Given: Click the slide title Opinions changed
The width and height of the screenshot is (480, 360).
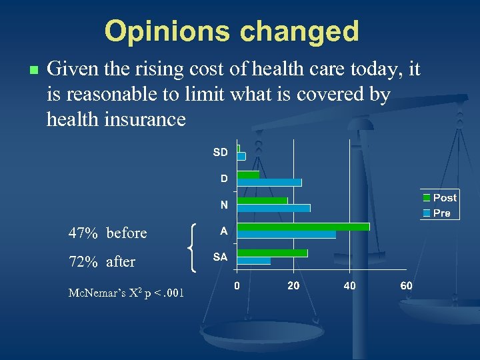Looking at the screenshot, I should (x=231, y=31).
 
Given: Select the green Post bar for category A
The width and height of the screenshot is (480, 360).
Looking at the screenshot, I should (x=303, y=227).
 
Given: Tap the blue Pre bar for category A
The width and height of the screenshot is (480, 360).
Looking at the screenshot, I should (x=287, y=235).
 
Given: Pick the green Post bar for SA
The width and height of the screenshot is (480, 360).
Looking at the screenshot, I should (x=273, y=253).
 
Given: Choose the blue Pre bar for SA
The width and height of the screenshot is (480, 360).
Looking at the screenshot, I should (x=254, y=261).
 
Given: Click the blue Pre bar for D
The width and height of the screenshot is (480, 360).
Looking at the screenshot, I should (x=269, y=183).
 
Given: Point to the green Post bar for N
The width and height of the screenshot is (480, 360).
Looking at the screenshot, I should (x=263, y=201).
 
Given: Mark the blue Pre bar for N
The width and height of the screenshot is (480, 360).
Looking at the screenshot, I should (x=274, y=208).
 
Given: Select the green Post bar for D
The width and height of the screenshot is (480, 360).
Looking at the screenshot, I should (x=249, y=175).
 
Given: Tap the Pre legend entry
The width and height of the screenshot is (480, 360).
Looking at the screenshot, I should (x=436, y=213).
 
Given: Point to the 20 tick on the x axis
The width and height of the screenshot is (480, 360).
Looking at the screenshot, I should (x=293, y=285).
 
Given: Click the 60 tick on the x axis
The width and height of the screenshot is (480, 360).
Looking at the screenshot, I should (x=406, y=285).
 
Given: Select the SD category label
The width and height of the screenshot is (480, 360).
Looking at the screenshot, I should (x=220, y=152).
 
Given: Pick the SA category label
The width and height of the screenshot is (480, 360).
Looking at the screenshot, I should (x=220, y=257).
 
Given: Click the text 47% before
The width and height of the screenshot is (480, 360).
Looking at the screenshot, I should (x=107, y=233).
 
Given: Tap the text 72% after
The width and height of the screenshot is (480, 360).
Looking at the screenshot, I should (x=101, y=262).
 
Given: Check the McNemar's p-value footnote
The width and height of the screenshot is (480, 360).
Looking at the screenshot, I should (x=126, y=293).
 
